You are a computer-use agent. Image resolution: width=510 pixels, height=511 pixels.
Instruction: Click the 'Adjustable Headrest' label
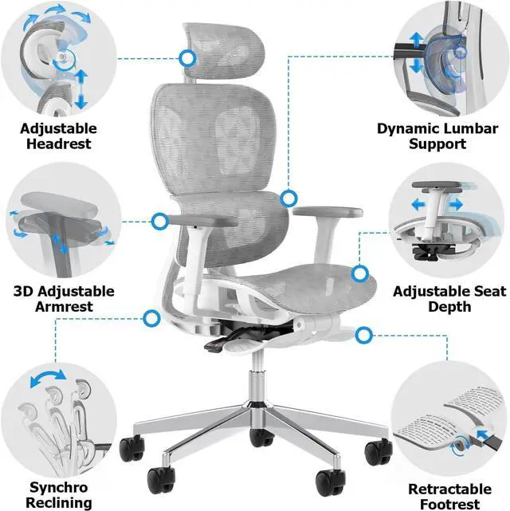pos(58,136)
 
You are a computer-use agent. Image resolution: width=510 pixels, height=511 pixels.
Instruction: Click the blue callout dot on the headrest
pos(188,57)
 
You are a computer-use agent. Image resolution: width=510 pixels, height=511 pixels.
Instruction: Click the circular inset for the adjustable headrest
pos(60,60)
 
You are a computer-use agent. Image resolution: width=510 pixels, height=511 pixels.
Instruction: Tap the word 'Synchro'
pos(58,486)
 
